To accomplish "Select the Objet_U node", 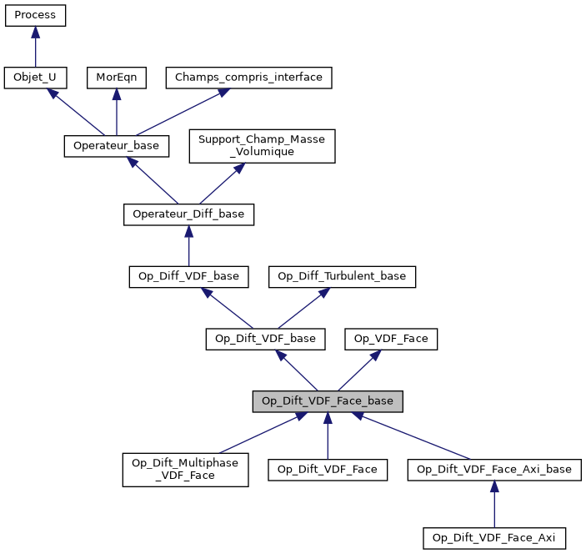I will (x=35, y=78).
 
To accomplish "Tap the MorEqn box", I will (x=117, y=78).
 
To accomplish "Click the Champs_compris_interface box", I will (x=249, y=78).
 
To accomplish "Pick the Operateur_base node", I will (x=117, y=145).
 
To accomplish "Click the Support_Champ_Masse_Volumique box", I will (x=262, y=145).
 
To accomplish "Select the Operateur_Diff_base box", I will (x=188, y=214).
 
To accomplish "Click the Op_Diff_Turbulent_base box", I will (x=342, y=276).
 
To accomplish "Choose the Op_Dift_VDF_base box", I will (x=265, y=339).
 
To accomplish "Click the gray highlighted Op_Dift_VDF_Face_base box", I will (x=328, y=401).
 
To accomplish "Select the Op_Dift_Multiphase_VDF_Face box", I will (x=185, y=470).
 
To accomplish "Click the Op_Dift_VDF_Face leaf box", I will (x=328, y=470).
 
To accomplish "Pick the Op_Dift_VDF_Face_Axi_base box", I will (x=494, y=470).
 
